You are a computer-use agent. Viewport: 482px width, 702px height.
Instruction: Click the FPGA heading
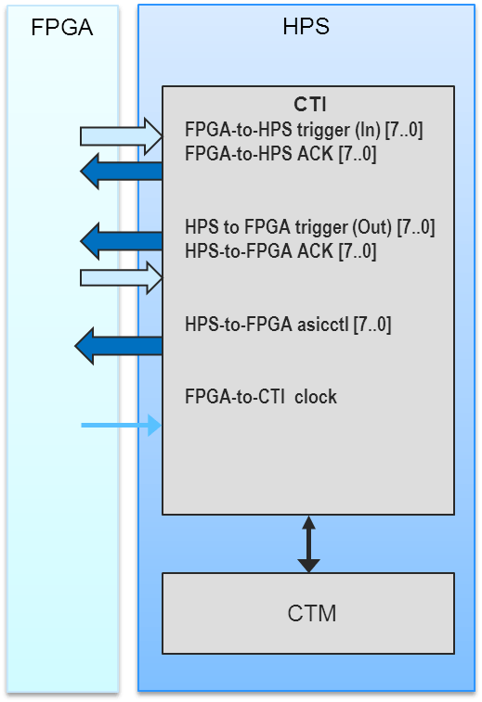tap(62, 27)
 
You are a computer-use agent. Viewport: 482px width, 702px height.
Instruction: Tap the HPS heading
tap(306, 26)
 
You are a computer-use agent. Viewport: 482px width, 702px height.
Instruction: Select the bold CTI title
tap(310, 104)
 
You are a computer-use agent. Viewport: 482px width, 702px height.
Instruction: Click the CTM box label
tap(312, 613)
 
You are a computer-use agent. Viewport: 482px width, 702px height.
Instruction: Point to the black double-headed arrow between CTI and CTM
tap(309, 544)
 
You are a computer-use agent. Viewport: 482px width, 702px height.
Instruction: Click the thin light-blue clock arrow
tap(121, 425)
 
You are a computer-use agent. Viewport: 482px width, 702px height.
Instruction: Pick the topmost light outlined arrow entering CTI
tap(122, 136)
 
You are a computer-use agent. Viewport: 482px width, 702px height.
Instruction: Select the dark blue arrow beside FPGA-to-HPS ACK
tap(122, 171)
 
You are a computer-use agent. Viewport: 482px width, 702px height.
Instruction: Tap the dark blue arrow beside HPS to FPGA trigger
tap(122, 241)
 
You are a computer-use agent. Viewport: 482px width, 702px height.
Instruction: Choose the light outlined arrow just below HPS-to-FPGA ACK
tap(122, 278)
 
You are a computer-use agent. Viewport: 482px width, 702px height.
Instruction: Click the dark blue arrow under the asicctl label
tap(118, 346)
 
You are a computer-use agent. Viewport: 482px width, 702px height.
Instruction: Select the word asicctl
tap(323, 325)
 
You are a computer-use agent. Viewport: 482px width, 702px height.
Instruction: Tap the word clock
tap(316, 397)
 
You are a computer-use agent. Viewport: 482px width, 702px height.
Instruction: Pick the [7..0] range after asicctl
tap(372, 325)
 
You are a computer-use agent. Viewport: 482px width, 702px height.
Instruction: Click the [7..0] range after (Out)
tap(416, 227)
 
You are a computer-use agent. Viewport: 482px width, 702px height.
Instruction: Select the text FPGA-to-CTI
tap(234, 397)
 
